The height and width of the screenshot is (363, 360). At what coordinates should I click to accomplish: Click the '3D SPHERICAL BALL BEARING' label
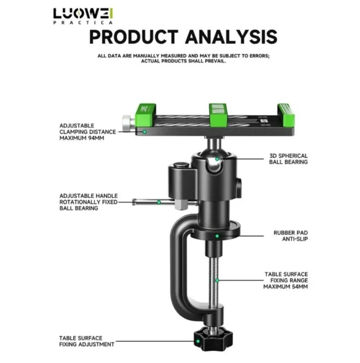point(288,159)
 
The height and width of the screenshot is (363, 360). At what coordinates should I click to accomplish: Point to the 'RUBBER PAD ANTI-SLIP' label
point(290,235)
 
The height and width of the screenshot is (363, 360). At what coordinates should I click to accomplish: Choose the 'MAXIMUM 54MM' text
point(285,287)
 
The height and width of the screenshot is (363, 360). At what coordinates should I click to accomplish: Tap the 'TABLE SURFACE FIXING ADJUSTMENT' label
point(87,341)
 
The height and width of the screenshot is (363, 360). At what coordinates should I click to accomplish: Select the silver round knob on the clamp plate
point(127,122)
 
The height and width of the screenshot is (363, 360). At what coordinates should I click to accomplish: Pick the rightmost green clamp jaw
point(286,114)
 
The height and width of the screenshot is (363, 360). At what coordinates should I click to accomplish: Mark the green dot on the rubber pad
point(217,236)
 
